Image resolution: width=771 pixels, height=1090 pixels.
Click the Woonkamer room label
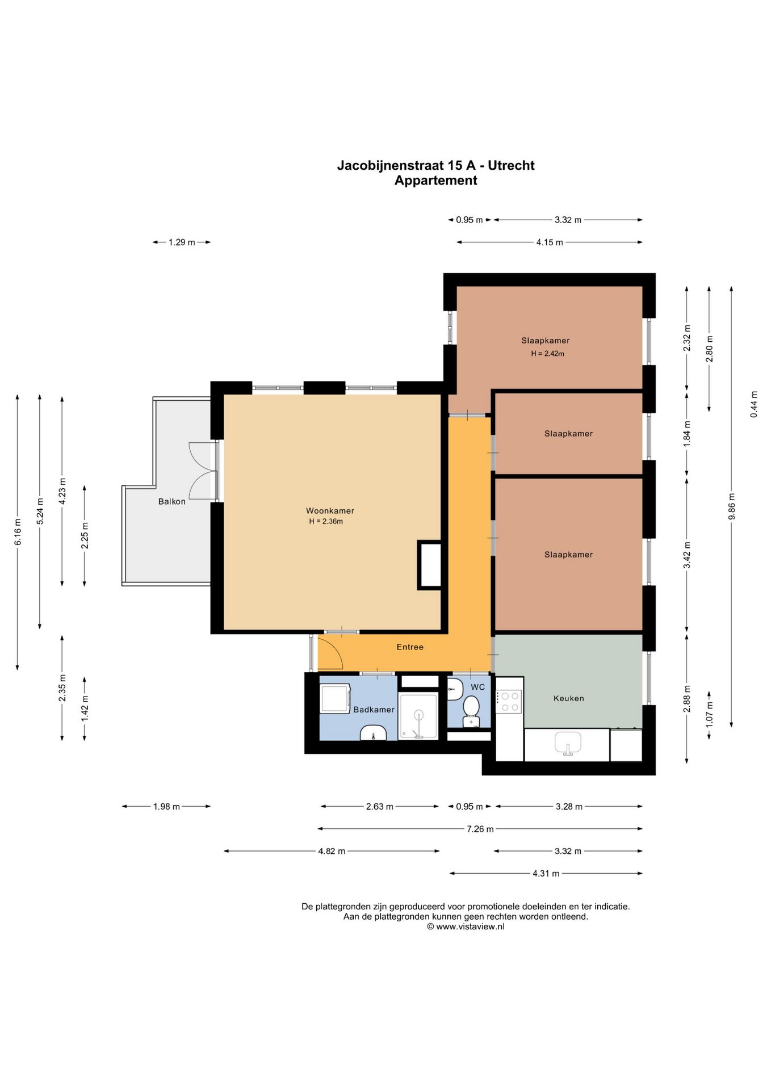tap(330, 511)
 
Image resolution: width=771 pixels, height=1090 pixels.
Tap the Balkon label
tap(172, 501)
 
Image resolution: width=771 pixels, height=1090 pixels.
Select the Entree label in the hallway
tap(410, 647)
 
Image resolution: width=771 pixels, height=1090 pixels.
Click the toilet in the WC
tap(471, 712)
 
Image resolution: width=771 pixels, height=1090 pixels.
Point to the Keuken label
tap(569, 698)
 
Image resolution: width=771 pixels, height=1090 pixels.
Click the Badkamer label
tap(374, 710)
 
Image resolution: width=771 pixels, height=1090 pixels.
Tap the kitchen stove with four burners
tap(509, 701)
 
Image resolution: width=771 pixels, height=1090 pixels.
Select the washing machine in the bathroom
tap(336, 698)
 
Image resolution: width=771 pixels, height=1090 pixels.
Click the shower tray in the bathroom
tap(418, 716)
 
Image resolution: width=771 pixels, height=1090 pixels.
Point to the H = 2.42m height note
tap(547, 354)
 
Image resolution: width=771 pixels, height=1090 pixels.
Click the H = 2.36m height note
tap(326, 522)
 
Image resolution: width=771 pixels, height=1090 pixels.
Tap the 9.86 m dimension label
tap(732, 506)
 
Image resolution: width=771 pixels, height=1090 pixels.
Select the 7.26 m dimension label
tap(480, 829)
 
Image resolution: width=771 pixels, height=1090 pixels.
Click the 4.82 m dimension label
tap(332, 851)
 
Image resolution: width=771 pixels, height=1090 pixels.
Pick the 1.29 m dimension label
tap(182, 242)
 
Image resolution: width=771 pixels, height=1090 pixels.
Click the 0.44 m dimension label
tap(754, 405)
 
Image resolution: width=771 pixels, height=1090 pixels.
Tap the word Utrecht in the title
tap(511, 165)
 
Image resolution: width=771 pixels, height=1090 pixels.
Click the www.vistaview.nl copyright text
tap(466, 927)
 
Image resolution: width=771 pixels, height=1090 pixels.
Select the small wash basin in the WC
tap(455, 690)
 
